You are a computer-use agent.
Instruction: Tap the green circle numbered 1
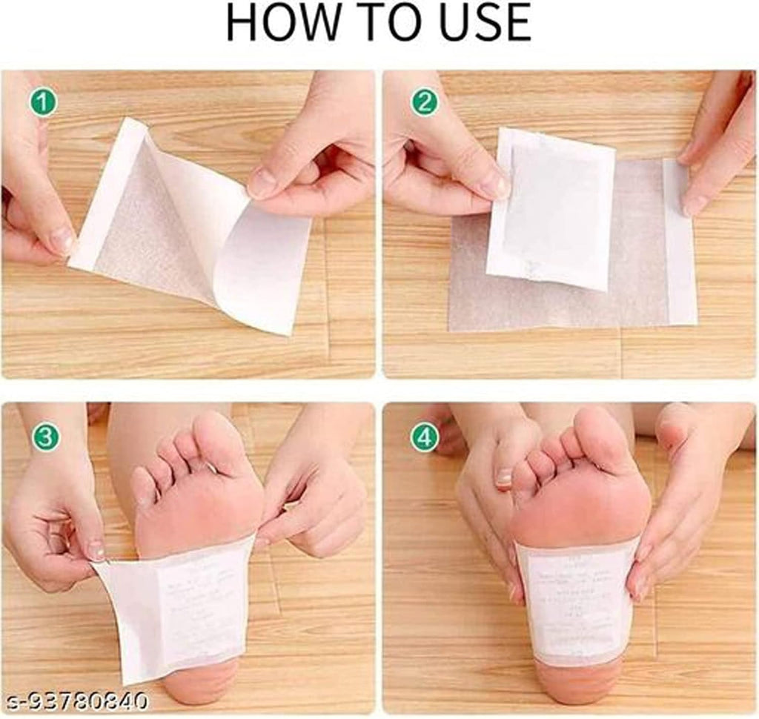44,102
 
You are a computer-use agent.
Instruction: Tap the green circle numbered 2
425,102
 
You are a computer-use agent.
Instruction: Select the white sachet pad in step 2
552,208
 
